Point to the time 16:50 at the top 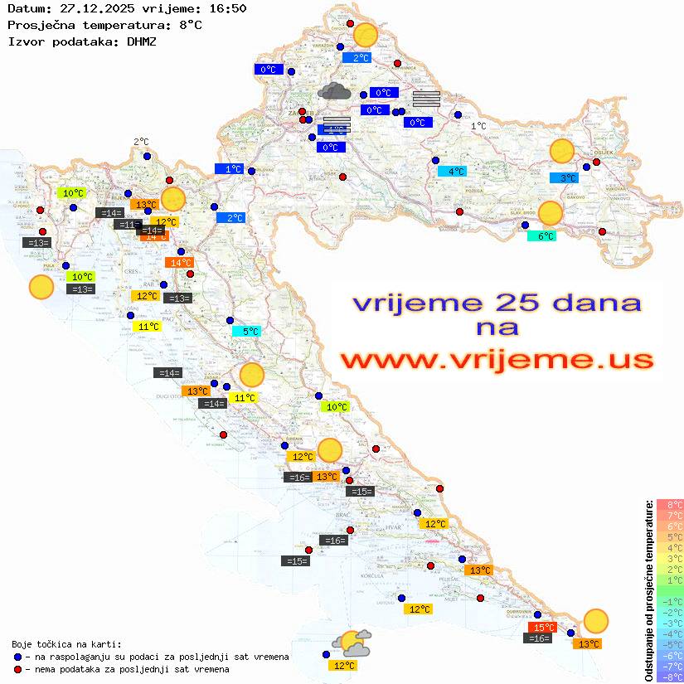(x=226, y=8)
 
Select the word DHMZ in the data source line (x=141, y=41)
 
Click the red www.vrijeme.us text (x=496, y=360)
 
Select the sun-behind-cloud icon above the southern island (x=352, y=641)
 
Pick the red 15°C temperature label (x=542, y=628)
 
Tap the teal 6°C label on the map (x=541, y=236)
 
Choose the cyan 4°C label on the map (x=452, y=172)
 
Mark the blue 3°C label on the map (x=564, y=178)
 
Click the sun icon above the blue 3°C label (x=562, y=152)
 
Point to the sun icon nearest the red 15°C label (x=595, y=620)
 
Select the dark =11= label (x=128, y=225)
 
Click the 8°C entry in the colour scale (x=670, y=504)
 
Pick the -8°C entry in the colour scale (x=670, y=677)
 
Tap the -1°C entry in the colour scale (x=670, y=601)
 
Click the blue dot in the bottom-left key (x=18, y=657)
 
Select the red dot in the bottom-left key (x=18, y=669)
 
